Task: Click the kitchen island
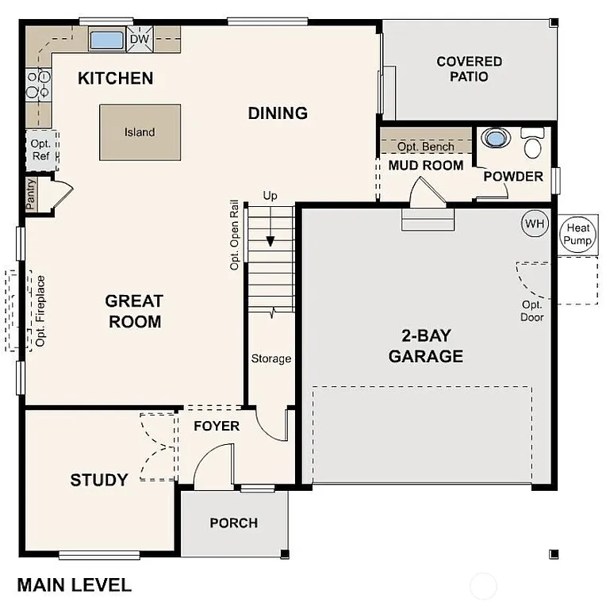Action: tap(140, 132)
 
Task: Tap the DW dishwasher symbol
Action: tap(140, 39)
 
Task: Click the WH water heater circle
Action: tap(535, 224)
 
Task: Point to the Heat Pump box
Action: tap(577, 236)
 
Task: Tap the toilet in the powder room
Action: tap(532, 143)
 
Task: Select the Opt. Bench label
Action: tap(426, 147)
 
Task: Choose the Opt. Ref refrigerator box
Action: tap(40, 150)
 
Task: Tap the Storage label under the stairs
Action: tap(271, 359)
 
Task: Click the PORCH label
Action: tap(233, 523)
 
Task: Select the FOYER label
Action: tap(217, 427)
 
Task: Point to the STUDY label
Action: tap(99, 480)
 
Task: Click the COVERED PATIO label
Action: tap(469, 69)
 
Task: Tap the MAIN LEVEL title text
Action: tap(75, 586)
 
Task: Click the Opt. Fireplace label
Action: tap(40, 311)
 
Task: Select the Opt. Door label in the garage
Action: tap(531, 311)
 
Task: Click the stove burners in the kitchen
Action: tap(36, 84)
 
